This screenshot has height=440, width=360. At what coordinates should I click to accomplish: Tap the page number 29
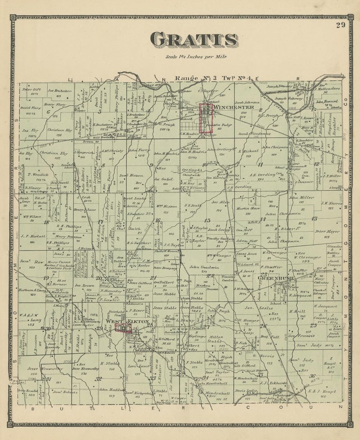click(340, 25)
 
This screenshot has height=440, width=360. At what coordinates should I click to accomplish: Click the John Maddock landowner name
click(109, 389)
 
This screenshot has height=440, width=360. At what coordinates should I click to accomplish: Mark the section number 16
click(158, 220)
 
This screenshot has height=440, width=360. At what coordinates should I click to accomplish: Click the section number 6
click(47, 112)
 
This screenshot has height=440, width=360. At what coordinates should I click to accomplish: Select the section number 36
click(312, 375)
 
